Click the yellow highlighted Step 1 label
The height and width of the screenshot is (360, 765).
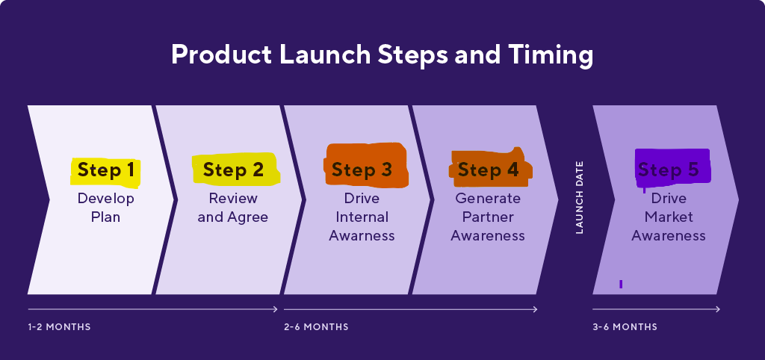pyautogui.click(x=105, y=170)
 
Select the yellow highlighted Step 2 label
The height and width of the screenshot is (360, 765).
pyautogui.click(x=234, y=170)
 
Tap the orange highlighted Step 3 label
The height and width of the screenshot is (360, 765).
pyautogui.click(x=362, y=170)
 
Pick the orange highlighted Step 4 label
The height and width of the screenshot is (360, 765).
pyautogui.click(x=489, y=170)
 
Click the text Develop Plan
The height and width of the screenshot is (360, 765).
pyautogui.click(x=105, y=208)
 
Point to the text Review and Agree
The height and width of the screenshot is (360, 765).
pyautogui.click(x=233, y=208)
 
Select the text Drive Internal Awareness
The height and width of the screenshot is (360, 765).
pyautogui.click(x=362, y=217)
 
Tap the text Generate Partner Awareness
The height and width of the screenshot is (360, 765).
pyautogui.click(x=488, y=217)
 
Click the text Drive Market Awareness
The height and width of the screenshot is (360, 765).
pyautogui.click(x=669, y=217)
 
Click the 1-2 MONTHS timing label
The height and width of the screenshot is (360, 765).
pyautogui.click(x=59, y=327)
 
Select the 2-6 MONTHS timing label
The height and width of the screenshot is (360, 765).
pyautogui.click(x=316, y=327)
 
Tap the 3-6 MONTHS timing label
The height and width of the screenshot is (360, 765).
pyautogui.click(x=625, y=327)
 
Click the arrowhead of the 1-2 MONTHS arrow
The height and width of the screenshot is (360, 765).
pyautogui.click(x=276, y=309)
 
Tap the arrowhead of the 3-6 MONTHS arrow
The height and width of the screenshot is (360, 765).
pyautogui.click(x=718, y=309)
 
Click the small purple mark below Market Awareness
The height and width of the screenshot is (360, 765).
pyautogui.click(x=621, y=284)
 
